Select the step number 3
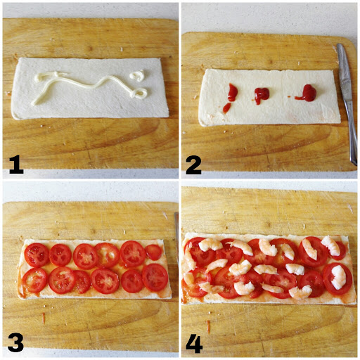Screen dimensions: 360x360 [x=15, y=342]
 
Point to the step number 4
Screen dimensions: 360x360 [x=194, y=342]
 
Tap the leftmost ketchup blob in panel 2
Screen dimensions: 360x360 [x=231, y=94]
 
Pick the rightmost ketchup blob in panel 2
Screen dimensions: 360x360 [x=307, y=92]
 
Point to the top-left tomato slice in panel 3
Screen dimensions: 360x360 [x=37, y=255]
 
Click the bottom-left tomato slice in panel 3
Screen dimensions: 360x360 [x=34, y=280]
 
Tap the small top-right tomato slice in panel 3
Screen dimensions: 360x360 [x=154, y=252]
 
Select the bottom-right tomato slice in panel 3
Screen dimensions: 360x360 [x=155, y=277]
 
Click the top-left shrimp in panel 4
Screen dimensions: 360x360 [x=210, y=245]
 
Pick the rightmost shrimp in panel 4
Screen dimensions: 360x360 [x=339, y=276]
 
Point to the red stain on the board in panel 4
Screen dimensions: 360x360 [x=208, y=326]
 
